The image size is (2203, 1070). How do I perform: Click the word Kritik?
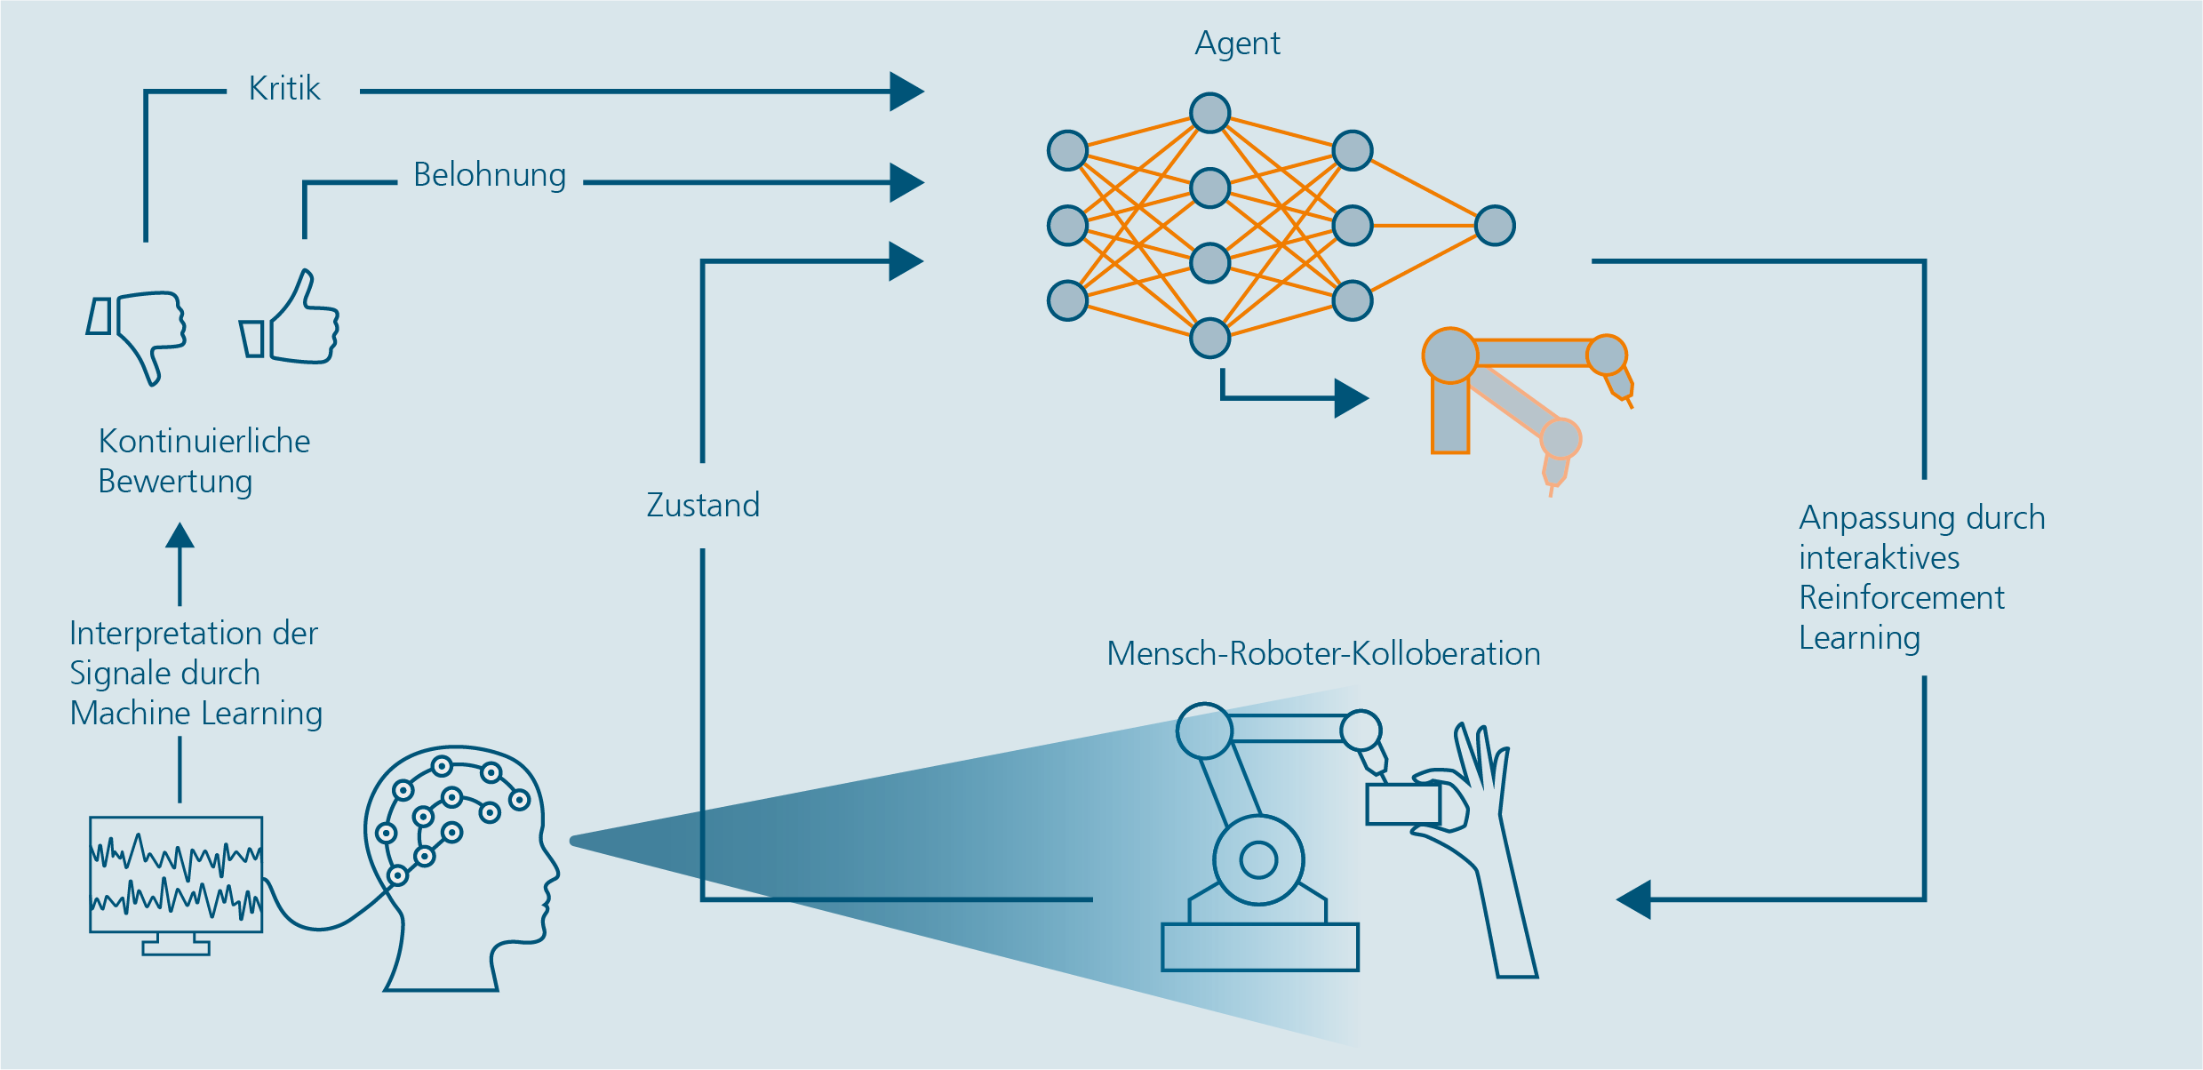pos(284,89)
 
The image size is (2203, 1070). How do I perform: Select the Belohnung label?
pos(490,175)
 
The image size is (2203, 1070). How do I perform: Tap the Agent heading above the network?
pos(1237,44)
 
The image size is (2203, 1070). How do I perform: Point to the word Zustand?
pos(703,505)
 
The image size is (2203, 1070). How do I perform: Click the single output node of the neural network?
pos(1495,226)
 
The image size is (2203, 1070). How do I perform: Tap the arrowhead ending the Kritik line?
pos(906,92)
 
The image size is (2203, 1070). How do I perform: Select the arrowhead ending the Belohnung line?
pos(906,183)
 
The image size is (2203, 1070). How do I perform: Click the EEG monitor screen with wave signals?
pos(176,874)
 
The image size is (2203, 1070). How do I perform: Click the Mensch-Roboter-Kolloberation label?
pos(1323,654)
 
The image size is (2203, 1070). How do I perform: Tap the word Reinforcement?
pos(1902,598)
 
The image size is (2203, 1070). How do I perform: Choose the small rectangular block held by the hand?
pos(1402,804)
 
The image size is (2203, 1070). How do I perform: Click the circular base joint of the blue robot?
pos(1258,859)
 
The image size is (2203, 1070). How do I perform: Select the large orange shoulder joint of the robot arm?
pos(1449,355)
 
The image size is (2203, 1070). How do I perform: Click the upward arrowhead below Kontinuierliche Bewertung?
pos(180,536)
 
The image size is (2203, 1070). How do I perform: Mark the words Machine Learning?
pos(196,714)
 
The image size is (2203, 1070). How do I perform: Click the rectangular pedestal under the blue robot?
pos(1260,947)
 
